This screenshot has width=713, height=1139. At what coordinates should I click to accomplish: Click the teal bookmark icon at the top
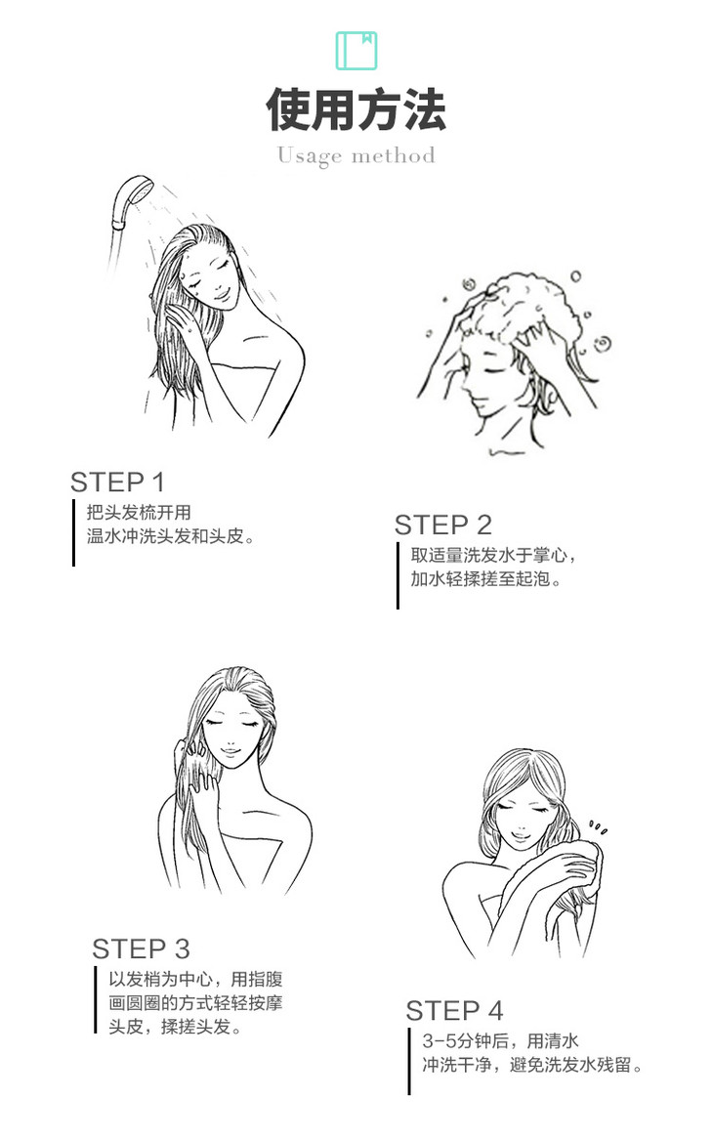coord(356,50)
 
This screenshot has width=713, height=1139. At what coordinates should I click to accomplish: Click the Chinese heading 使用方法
coord(356,109)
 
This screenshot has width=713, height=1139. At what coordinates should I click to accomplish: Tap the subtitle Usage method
coord(356,155)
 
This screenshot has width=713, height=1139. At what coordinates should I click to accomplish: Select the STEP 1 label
coord(117,482)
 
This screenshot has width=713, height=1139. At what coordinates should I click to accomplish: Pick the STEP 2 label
coord(442,525)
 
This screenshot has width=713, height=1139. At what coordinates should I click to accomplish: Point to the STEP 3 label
coord(141,949)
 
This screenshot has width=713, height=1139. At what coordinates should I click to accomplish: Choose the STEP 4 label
coord(454,1010)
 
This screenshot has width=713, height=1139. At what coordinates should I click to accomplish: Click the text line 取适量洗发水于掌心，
coord(493,555)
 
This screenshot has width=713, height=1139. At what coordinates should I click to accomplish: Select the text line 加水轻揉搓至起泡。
coord(486,579)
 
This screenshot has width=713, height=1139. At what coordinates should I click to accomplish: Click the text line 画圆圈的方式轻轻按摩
coord(195,1003)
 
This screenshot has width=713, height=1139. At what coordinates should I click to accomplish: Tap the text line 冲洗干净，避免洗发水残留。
coord(532,1065)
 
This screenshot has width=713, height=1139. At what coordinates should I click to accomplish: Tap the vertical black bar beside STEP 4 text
coord(409,1061)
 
